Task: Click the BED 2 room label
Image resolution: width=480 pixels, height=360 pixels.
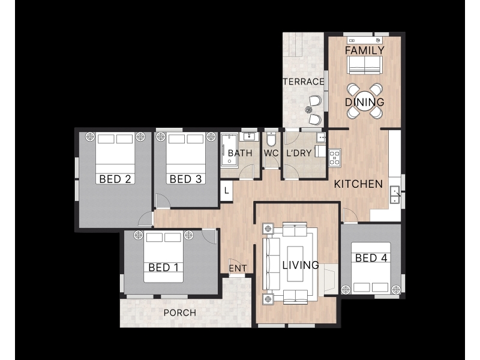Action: click(115, 179)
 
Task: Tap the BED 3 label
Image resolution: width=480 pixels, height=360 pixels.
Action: click(185, 179)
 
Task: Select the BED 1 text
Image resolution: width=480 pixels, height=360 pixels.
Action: click(163, 268)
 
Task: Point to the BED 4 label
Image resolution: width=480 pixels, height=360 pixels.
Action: click(371, 258)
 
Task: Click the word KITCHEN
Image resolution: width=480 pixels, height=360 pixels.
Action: click(358, 184)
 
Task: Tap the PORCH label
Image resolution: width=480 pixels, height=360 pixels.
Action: click(179, 313)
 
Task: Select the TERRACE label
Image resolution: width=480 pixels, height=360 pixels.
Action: click(304, 82)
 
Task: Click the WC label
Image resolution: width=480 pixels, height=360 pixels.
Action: click(271, 153)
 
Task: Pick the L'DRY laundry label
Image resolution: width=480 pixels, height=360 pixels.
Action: click(299, 153)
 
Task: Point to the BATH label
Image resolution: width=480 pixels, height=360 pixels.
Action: click(240, 153)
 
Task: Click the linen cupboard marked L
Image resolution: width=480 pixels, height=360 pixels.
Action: click(226, 191)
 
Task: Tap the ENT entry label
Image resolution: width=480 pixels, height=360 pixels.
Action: click(238, 268)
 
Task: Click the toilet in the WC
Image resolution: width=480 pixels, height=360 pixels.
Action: click(271, 140)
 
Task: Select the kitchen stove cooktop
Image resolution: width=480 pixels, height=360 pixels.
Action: click(335, 157)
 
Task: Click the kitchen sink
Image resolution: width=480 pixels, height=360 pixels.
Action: click(395, 195)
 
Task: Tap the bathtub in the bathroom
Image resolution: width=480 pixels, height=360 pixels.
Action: click(229, 150)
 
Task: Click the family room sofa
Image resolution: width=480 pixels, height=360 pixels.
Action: click(365, 65)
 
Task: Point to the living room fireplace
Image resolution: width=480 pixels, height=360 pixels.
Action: click(329, 279)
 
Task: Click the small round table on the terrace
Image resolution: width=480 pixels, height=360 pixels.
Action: click(309, 110)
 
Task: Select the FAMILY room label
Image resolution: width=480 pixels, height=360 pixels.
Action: click(365, 50)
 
